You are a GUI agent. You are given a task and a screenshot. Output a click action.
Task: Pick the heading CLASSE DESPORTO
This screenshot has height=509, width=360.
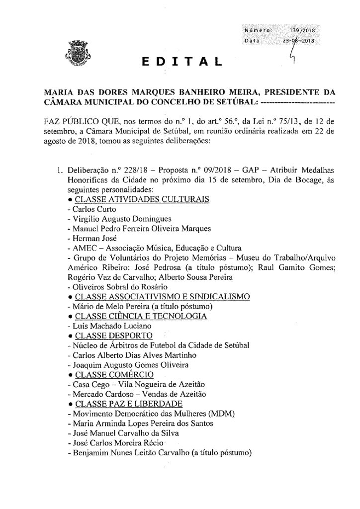tap(113, 335)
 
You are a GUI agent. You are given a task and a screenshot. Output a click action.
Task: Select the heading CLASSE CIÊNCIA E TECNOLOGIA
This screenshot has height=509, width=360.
tap(140, 316)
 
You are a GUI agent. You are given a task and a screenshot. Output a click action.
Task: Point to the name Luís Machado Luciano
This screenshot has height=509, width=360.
tap(107, 326)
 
